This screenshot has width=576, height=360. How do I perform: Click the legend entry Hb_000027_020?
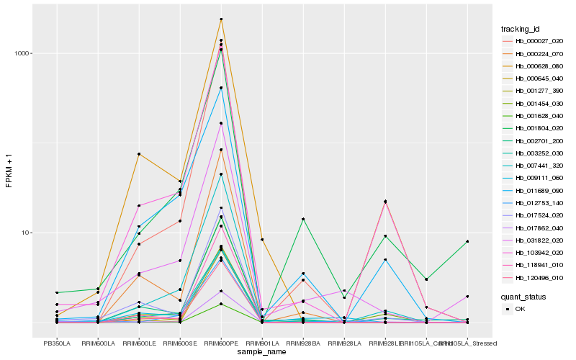pyautogui.click(x=534, y=42)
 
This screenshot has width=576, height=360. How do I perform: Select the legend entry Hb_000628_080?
pyautogui.click(x=534, y=66)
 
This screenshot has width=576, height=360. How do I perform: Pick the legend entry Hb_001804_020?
pyautogui.click(x=534, y=127)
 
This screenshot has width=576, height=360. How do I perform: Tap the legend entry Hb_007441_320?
pyautogui.click(x=534, y=165)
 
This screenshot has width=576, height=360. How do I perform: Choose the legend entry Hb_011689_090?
pyautogui.click(x=534, y=190)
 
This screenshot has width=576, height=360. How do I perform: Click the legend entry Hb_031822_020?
pyautogui.click(x=534, y=240)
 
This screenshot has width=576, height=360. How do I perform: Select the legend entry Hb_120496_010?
pyautogui.click(x=534, y=277)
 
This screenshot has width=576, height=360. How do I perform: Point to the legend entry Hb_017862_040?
pyautogui.click(x=534, y=228)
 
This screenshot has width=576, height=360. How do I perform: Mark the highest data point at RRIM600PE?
pyautogui.click(x=221, y=19)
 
